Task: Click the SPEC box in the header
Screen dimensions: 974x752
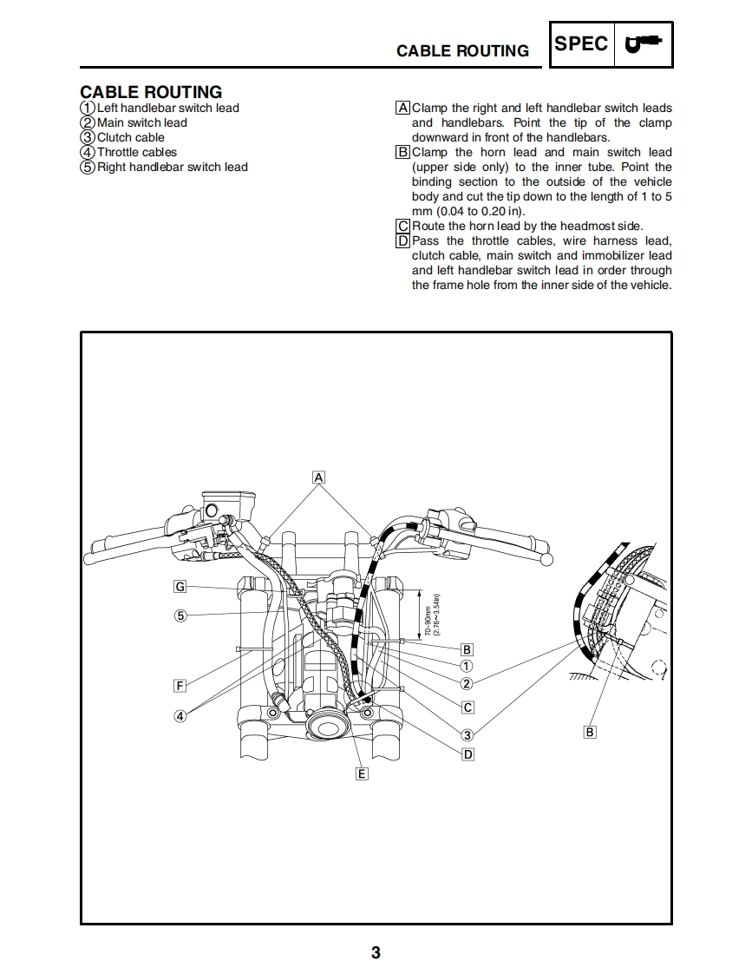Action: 581,43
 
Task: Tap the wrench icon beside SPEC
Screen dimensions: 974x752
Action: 643,43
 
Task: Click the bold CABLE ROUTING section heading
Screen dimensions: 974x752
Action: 151,91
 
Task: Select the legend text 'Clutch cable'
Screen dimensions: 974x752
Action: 130,137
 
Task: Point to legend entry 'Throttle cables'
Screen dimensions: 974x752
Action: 136,152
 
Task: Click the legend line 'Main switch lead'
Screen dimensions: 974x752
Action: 141,122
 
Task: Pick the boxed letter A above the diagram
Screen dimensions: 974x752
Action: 318,477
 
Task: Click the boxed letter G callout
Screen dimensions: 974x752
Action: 180,586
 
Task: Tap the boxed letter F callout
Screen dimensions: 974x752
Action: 180,686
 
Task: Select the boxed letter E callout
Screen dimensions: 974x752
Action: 362,773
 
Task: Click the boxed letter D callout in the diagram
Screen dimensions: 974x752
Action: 468,754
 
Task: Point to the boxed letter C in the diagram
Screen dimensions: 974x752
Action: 468,707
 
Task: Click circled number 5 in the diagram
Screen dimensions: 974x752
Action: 180,615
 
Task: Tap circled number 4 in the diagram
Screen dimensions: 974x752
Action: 180,716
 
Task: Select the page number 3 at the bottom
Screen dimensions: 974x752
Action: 376,952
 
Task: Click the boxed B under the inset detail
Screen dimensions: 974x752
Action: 590,732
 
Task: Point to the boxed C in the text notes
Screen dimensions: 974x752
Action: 402,226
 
